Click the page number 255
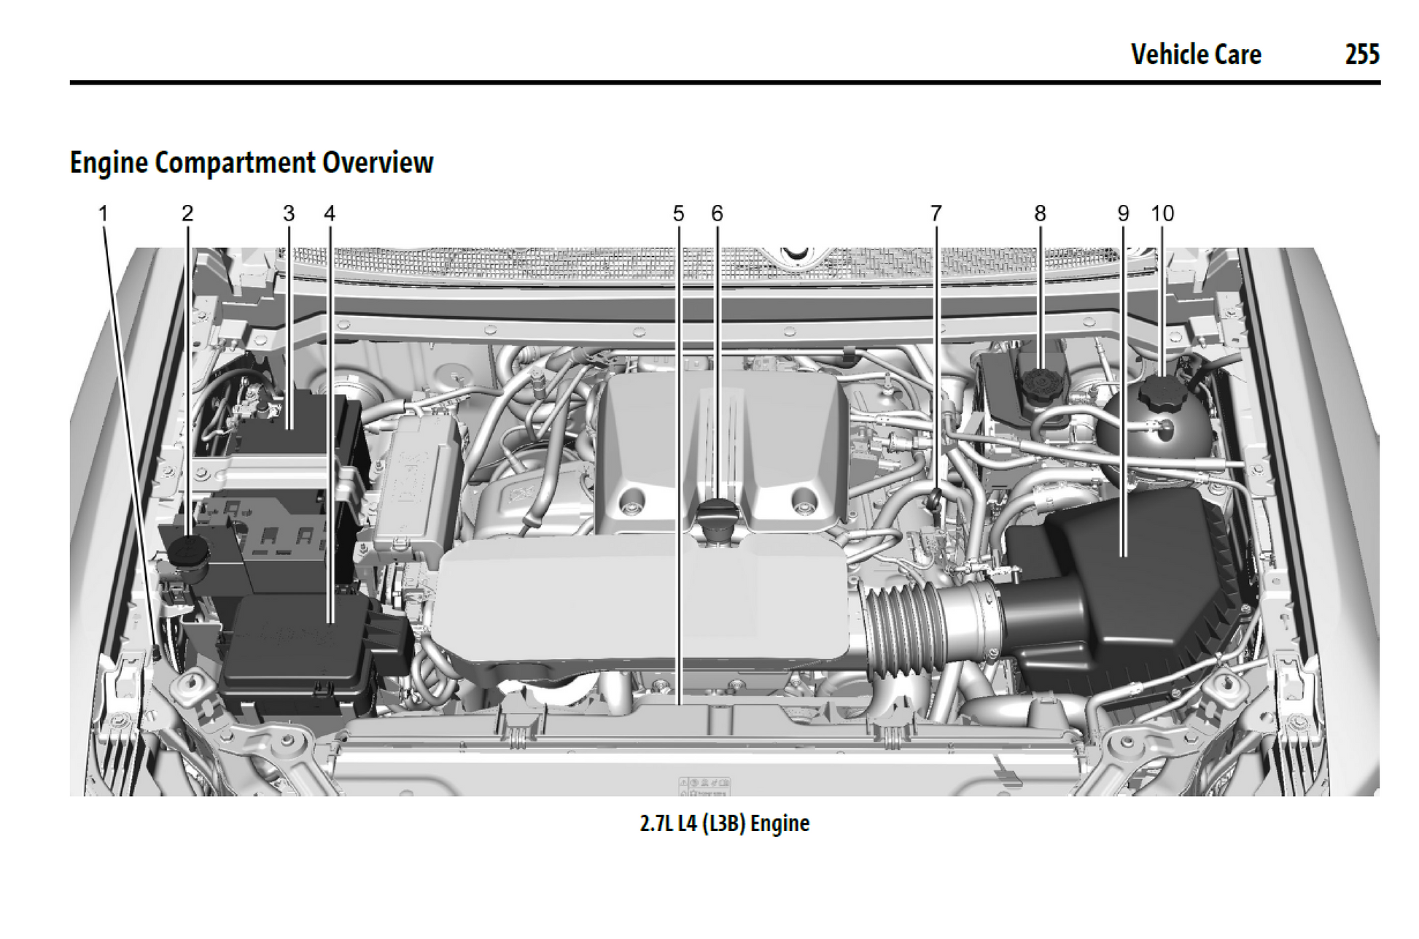(x=1361, y=55)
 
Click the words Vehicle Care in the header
(x=1195, y=55)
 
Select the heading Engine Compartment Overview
(x=252, y=162)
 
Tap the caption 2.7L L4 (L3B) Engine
(x=724, y=824)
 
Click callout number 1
(x=104, y=214)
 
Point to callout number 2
(x=187, y=214)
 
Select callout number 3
(x=289, y=214)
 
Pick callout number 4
(x=330, y=214)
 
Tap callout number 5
(x=679, y=214)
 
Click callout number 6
(x=718, y=214)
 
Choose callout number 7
(x=936, y=214)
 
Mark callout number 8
(x=1041, y=214)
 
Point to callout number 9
(x=1123, y=214)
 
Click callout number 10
(x=1163, y=214)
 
